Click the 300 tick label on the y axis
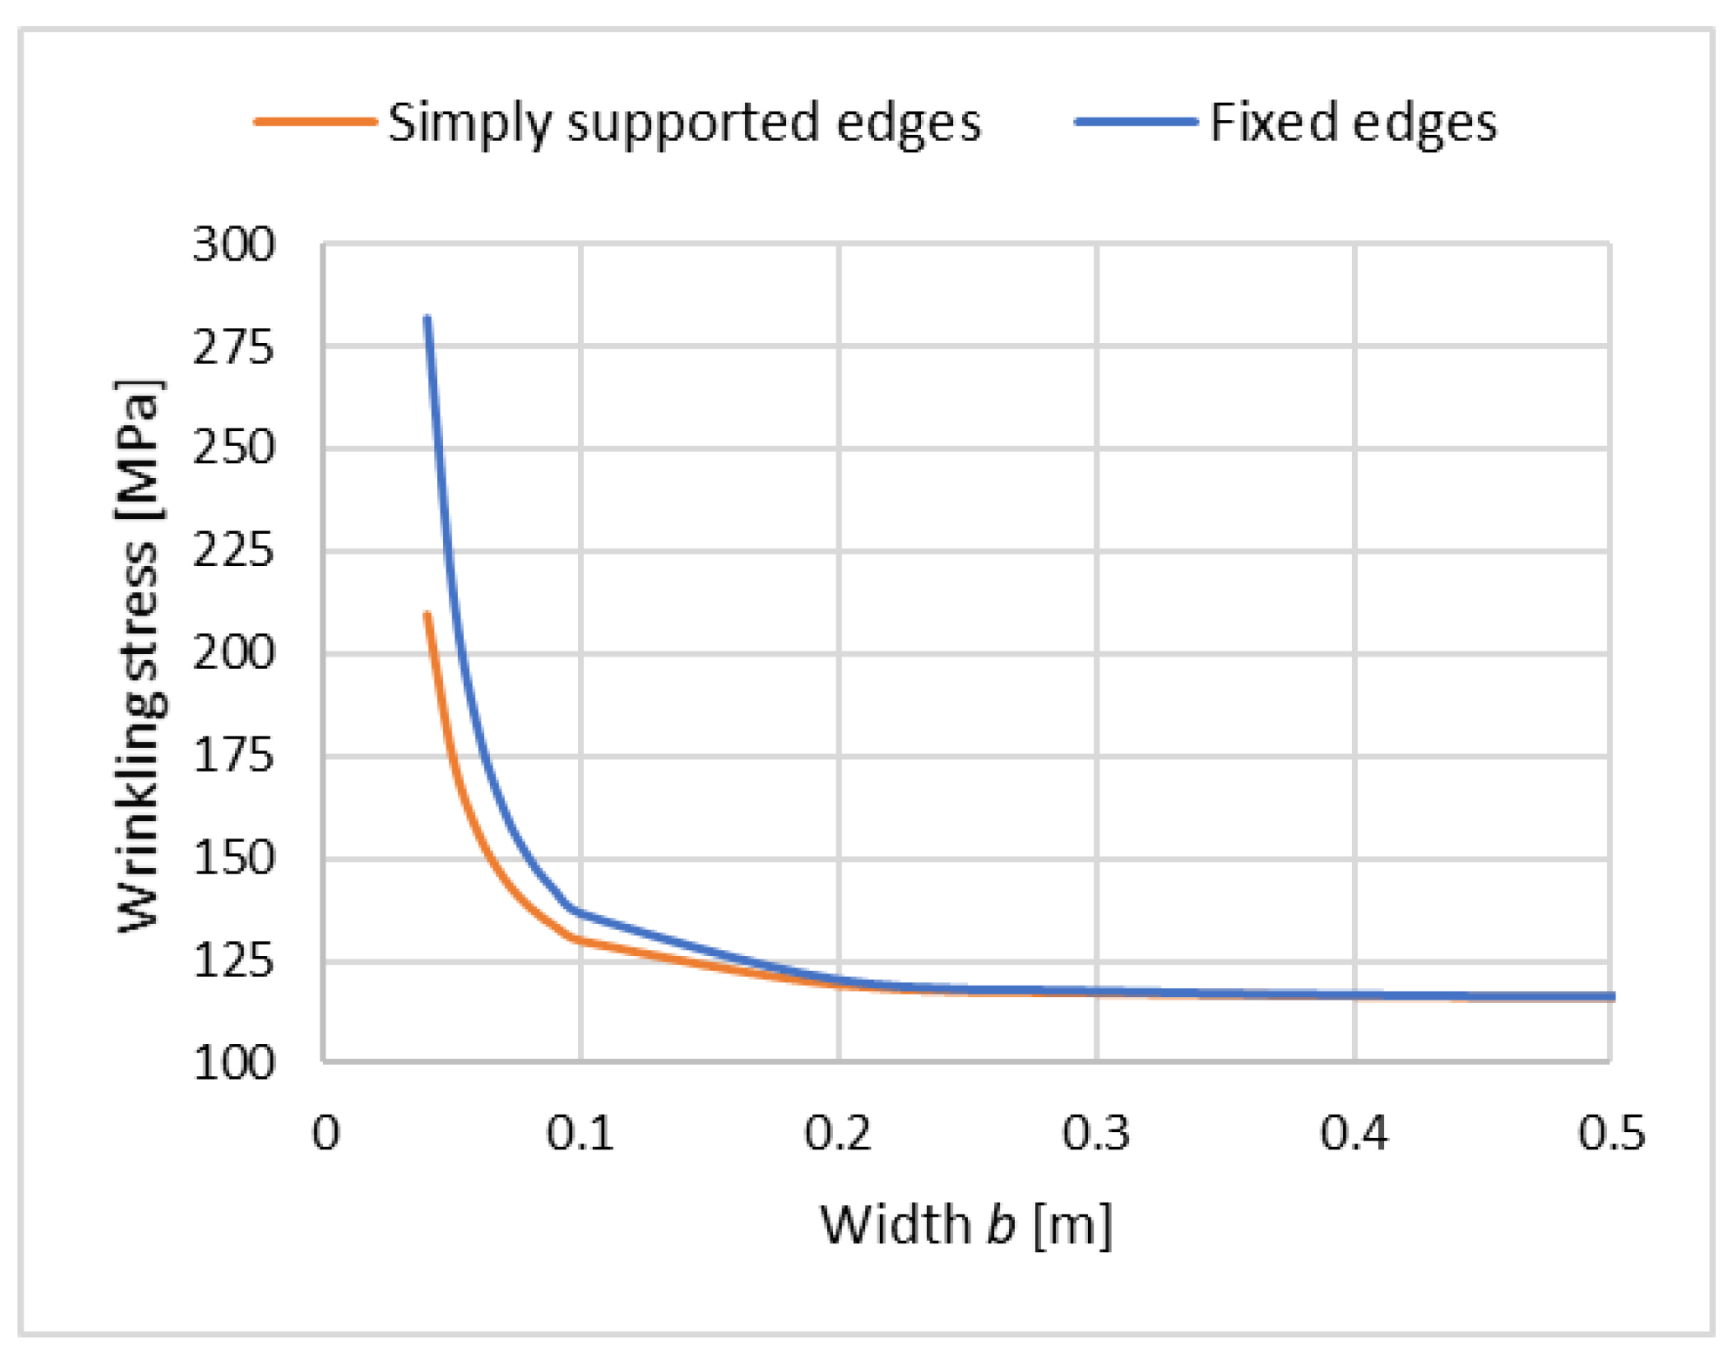233,245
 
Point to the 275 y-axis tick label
233,347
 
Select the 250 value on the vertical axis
233,449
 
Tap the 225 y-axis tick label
233,551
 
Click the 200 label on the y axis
233,653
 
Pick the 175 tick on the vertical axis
233,756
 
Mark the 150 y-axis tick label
233,859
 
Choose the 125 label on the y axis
233,961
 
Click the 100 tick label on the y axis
233,1063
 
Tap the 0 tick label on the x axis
326,1134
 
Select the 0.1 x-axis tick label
580,1134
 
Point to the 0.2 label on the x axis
837,1134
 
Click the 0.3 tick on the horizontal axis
1096,1134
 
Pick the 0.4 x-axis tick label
1354,1134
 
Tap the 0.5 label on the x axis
1611,1134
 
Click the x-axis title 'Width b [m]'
966,1225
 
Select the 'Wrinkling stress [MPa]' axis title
138,655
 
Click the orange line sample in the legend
315,122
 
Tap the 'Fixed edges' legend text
1353,122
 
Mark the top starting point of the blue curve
427,319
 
